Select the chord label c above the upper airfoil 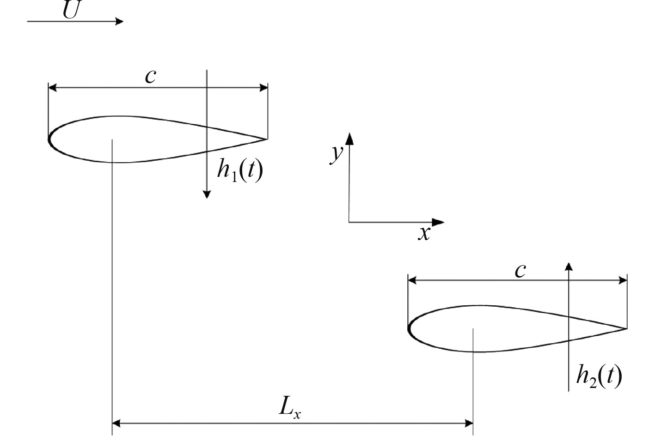pos(150,76)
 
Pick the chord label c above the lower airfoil pos(520,270)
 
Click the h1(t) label pos(240,170)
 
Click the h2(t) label pos(599,375)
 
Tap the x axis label pos(424,233)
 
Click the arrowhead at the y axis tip pos(349,138)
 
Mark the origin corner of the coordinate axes pos(349,222)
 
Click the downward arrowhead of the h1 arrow pos(207,194)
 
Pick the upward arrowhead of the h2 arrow pos(569,266)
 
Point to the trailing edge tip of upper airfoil pos(267,139)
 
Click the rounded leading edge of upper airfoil pos(49,138)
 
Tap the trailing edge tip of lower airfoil pos(626,328)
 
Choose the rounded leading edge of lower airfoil pos(409,329)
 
